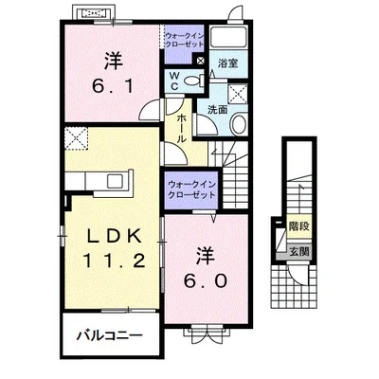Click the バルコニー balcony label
(x=110, y=335)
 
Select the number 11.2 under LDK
(x=115, y=261)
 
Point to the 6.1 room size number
(x=113, y=85)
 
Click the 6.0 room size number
(x=206, y=280)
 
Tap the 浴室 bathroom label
(x=227, y=63)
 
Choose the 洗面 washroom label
(x=218, y=110)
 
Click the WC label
(x=174, y=81)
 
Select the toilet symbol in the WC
(x=192, y=81)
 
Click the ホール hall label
(x=182, y=129)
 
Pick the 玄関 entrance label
(x=299, y=252)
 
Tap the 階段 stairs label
(x=299, y=226)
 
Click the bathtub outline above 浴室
(x=228, y=38)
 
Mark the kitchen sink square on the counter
(x=115, y=181)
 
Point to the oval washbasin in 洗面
(x=239, y=124)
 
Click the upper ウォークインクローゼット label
(x=185, y=40)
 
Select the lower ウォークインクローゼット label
(x=191, y=189)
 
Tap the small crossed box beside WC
(x=200, y=61)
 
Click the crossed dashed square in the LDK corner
(x=77, y=137)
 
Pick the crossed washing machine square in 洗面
(x=238, y=94)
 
